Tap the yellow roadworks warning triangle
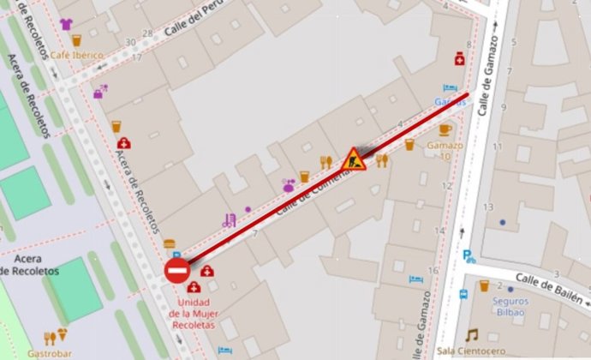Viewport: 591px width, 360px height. (353, 159)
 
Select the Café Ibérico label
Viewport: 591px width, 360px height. (76, 56)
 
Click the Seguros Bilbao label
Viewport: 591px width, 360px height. (510, 306)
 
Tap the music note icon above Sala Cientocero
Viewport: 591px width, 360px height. (471, 334)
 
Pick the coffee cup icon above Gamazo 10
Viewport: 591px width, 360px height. (445, 130)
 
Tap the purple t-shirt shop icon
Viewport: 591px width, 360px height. (67, 23)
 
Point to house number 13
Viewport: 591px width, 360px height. (488, 207)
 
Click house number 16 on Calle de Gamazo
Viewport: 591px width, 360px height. (433, 270)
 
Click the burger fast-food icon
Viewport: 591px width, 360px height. (169, 244)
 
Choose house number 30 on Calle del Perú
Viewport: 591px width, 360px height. (130, 41)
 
